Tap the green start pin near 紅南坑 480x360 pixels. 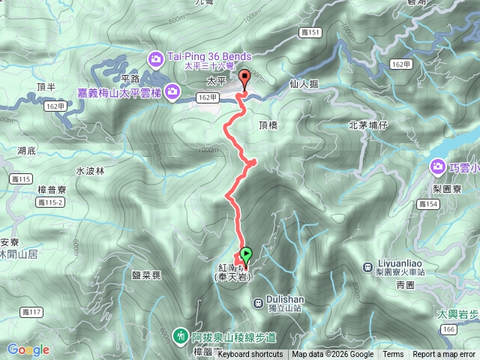pyautogui.click(x=246, y=256)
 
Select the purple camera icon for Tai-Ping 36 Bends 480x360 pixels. pyautogui.click(x=155, y=56)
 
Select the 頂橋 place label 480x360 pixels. pyautogui.click(x=268, y=125)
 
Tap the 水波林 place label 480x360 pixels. pyautogui.click(x=89, y=170)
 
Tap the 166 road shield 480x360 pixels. pyautogui.click(x=449, y=329)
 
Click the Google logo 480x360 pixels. pyautogui.click(x=28, y=349)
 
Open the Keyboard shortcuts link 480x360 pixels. pyautogui.click(x=250, y=355)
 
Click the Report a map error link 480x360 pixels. pyautogui.click(x=444, y=355)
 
